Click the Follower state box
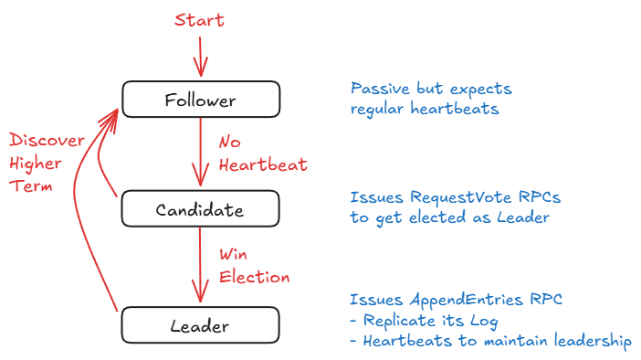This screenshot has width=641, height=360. [x=201, y=100]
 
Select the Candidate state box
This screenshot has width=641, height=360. [x=200, y=208]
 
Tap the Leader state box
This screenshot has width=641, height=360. [x=200, y=325]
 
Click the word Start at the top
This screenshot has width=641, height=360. [x=199, y=19]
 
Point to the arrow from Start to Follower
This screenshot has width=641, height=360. [x=200, y=57]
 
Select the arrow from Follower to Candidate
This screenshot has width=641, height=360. [x=200, y=153]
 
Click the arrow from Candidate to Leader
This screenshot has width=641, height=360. [x=200, y=265]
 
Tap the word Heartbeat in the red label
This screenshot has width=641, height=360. [x=263, y=164]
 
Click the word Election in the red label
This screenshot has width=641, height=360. [x=254, y=277]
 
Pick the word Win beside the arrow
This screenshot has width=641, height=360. [x=233, y=254]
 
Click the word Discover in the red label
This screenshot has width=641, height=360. [x=47, y=141]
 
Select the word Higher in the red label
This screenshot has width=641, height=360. [x=36, y=164]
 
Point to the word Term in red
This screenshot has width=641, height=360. [x=31, y=186]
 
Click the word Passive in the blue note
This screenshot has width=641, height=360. [x=380, y=89]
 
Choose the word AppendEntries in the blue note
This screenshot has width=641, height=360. [x=467, y=300]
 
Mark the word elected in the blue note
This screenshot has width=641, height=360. [x=437, y=217]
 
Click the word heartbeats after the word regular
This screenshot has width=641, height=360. [x=455, y=109]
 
